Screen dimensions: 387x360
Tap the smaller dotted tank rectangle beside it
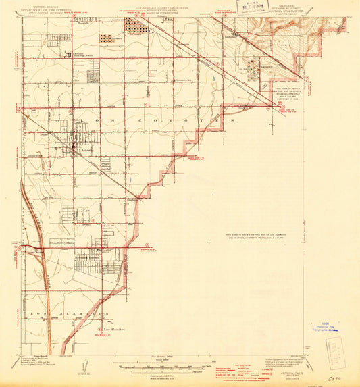(107, 38)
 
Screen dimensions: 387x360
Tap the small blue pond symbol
(213, 79)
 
